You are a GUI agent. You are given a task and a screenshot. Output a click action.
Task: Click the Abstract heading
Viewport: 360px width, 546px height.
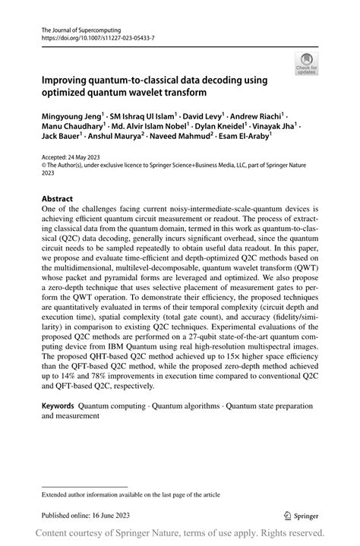tap(58, 198)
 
